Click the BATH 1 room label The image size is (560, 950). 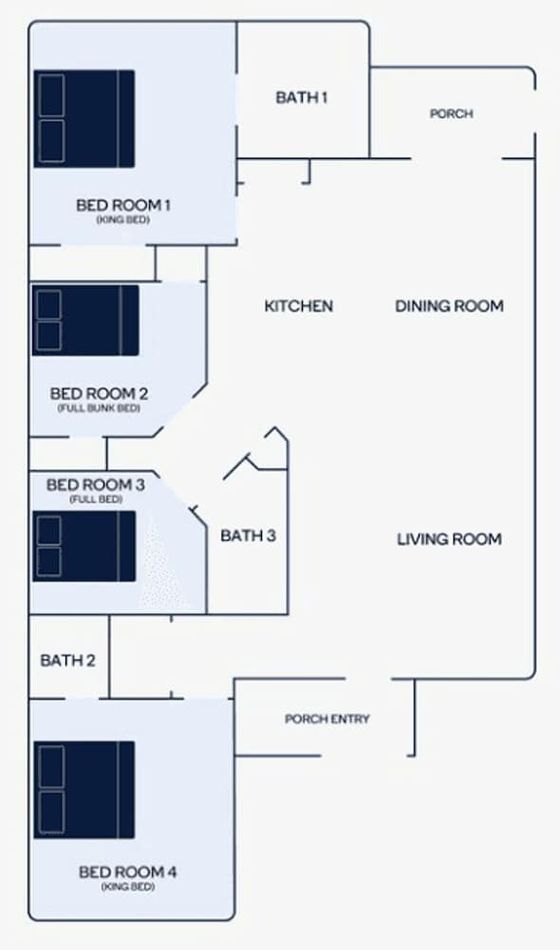click(302, 97)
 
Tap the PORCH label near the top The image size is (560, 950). click(451, 113)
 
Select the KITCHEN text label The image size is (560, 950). click(298, 306)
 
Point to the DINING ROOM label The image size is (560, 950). click(449, 306)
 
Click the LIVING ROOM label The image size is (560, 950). click(449, 540)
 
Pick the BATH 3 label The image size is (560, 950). click(249, 536)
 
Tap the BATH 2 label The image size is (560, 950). click(67, 660)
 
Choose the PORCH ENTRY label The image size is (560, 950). click(327, 719)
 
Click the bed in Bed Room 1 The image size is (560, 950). click(84, 119)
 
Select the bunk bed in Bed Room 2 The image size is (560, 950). click(85, 320)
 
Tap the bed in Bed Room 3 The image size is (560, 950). click(84, 546)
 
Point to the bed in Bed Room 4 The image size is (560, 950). click(84, 790)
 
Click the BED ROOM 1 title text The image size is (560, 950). click(122, 205)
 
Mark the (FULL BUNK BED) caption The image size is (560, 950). click(99, 408)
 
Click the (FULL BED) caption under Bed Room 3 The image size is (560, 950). click(96, 500)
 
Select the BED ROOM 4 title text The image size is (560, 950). click(128, 872)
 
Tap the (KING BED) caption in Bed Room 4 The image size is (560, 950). click(128, 887)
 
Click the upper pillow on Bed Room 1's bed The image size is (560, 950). click(51, 95)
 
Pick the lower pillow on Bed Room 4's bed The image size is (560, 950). click(51, 812)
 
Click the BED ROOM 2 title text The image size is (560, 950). click(99, 394)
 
